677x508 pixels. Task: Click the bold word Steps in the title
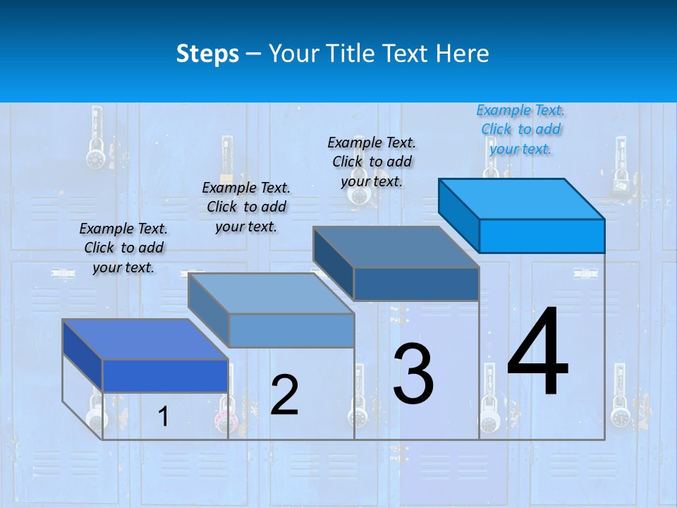click(207, 54)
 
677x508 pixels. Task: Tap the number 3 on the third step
click(413, 374)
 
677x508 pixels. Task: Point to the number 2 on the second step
click(284, 395)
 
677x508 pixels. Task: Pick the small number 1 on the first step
click(163, 416)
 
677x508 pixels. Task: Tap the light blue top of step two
click(271, 294)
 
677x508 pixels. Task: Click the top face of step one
click(145, 339)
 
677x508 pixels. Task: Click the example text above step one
click(123, 248)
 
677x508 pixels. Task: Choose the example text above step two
click(246, 207)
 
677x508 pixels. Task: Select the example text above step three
click(372, 162)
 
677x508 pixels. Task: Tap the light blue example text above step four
click(520, 129)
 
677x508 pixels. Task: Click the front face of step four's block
click(542, 236)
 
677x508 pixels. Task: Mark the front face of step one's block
click(165, 375)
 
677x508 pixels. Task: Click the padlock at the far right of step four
click(620, 416)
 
